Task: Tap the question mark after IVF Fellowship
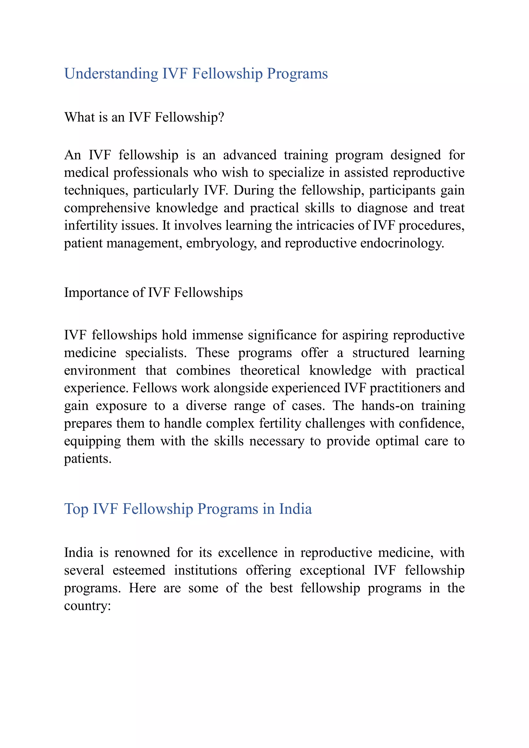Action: [222, 117]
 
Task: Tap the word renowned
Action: [142, 553]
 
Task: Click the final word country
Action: [87, 606]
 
